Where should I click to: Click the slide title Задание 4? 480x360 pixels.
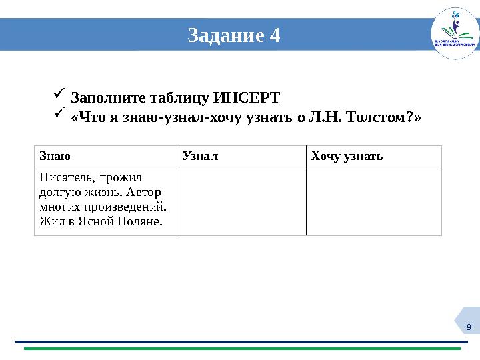[233, 35]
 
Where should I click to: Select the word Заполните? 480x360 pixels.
[103, 97]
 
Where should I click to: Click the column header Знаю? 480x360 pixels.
[52, 157]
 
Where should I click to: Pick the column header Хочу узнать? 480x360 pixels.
[347, 157]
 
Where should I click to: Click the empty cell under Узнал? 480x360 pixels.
[241, 201]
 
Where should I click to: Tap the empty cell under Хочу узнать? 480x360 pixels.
[374, 201]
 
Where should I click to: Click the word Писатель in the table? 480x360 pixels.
[64, 178]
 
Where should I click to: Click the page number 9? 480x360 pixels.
[469, 327]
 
